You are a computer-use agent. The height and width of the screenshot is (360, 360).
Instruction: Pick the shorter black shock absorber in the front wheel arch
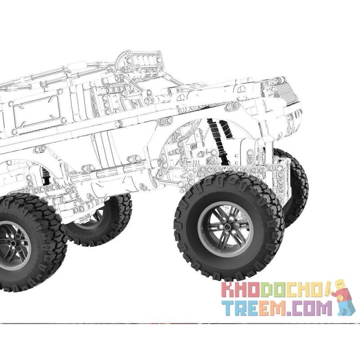coord(226,129)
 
